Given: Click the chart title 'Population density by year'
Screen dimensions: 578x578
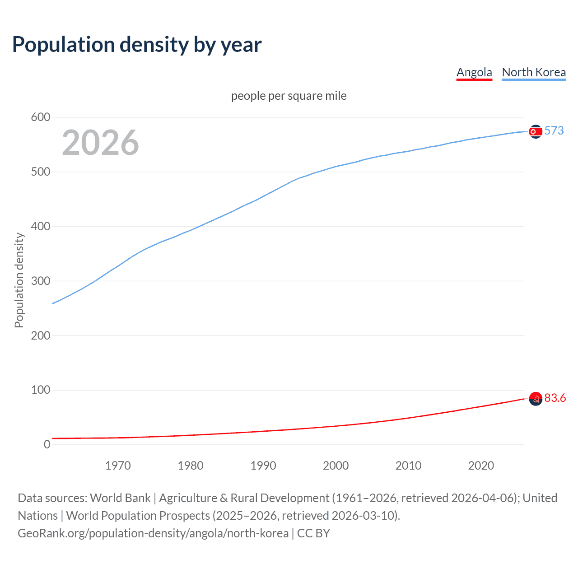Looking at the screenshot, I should tap(137, 45).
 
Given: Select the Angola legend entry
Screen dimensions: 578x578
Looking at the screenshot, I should tap(474, 72).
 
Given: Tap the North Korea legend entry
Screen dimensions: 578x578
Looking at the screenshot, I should tap(534, 72).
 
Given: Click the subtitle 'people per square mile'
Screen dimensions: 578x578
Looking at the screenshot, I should tap(289, 96).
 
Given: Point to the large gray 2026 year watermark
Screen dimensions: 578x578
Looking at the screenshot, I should tap(100, 143).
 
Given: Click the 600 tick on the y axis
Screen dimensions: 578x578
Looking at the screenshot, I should tap(40, 117).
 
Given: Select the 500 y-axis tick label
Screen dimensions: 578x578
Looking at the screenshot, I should tap(40, 172).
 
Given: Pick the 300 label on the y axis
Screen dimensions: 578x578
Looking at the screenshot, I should tap(40, 281).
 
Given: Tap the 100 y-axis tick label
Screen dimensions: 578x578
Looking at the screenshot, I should tap(40, 390).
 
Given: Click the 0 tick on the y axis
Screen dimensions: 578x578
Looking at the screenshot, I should tap(47, 445).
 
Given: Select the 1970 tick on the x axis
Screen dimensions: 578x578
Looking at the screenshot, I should tap(118, 466).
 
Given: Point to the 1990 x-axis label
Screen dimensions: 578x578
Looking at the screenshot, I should tap(263, 466).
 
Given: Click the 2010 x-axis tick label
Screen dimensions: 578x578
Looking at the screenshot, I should tap(408, 466).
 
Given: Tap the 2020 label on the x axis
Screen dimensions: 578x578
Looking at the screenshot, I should tap(481, 466).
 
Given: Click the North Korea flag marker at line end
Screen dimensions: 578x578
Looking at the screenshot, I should tap(536, 131).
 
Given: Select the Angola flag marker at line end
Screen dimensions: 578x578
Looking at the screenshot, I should tap(536, 399).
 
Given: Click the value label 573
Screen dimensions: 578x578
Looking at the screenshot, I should tap(554, 131).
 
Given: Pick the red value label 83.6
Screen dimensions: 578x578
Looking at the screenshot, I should tap(555, 398).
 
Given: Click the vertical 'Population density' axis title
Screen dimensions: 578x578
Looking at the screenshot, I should tap(19, 280).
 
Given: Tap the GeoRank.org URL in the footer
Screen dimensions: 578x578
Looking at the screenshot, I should tap(153, 533).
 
